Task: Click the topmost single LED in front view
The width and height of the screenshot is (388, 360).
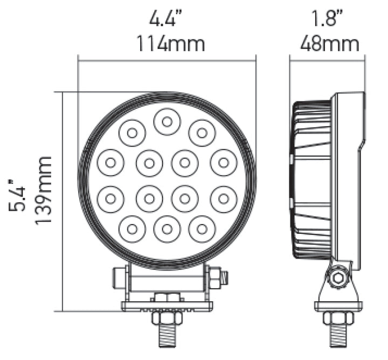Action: (167, 121)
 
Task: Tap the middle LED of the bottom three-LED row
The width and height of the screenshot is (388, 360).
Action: (167, 229)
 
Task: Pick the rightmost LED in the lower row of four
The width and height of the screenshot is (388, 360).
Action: (224, 199)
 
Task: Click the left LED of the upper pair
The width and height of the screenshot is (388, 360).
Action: (132, 132)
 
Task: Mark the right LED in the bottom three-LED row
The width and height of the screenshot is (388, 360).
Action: (202, 229)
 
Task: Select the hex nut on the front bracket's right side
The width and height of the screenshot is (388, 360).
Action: (214, 278)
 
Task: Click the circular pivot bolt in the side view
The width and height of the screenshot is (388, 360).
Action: (338, 278)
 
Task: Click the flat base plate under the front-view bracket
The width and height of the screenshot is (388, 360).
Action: (167, 306)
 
